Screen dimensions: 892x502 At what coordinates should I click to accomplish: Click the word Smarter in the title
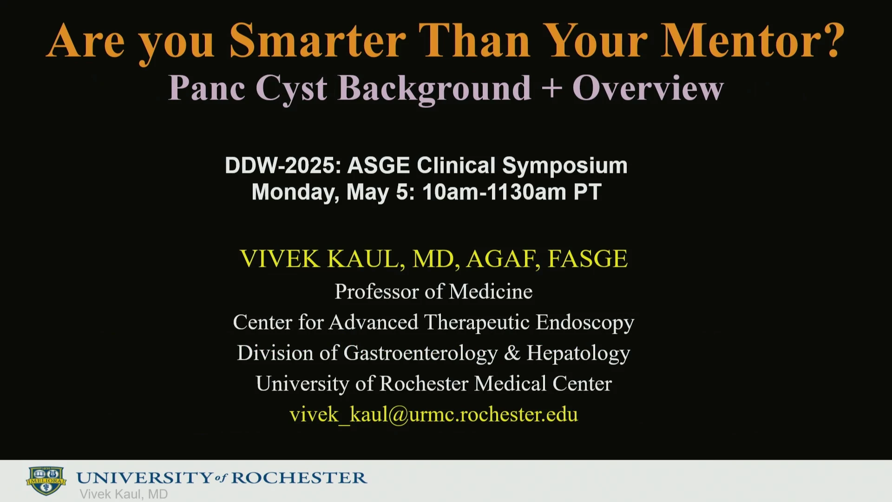coord(318,41)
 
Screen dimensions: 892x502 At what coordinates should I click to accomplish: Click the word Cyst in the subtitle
coord(291,88)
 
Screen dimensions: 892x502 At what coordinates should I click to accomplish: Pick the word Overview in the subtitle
coord(648,88)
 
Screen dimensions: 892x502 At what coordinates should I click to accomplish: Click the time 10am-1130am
coord(494,192)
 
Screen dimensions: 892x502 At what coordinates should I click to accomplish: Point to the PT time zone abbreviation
coord(588,192)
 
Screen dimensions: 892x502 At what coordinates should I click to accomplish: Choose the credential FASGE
coord(588,259)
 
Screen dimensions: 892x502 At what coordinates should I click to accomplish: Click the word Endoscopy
coord(585,323)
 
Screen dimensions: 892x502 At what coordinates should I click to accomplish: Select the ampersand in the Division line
coord(512,353)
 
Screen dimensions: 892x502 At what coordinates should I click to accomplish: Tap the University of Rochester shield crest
coord(46,481)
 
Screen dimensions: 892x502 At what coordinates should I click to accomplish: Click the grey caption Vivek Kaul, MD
coord(124,494)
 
